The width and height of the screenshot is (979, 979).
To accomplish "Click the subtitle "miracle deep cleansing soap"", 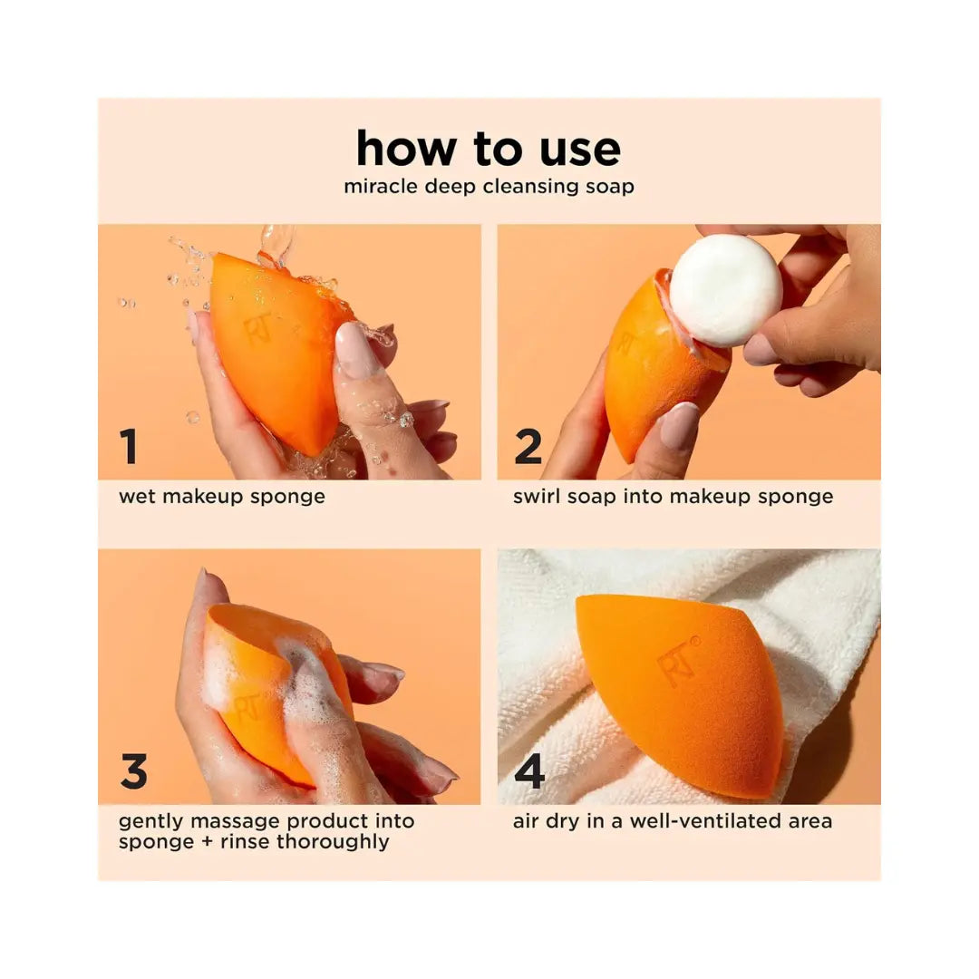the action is tap(489, 186).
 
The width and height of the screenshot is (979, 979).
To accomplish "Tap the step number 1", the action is tap(129, 446).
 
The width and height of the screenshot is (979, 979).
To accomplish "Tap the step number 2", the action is tap(528, 446).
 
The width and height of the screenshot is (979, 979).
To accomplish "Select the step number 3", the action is tap(134, 771).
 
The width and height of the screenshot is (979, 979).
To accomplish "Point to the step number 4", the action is tap(528, 771).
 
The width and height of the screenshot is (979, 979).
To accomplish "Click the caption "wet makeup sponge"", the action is tap(222, 497).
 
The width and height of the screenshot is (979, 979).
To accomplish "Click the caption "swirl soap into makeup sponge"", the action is tap(673, 497).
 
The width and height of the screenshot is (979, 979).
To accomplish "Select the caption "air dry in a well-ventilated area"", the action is tap(673, 820).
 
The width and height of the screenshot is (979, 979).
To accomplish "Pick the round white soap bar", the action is tap(725, 290).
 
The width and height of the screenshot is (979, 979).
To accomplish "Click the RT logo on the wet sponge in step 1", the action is tap(257, 327).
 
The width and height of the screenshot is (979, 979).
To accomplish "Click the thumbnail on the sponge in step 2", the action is tap(679, 426).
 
